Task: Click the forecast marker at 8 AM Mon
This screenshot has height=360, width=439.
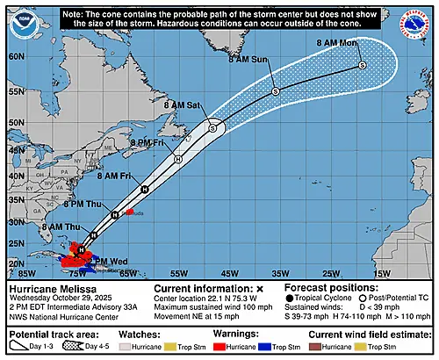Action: [362, 66]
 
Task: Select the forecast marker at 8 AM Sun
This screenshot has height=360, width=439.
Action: [275, 91]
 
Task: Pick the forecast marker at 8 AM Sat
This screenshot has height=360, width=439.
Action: [212, 127]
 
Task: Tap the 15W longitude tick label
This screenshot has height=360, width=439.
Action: [381, 274]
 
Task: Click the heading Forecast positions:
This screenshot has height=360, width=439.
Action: [334, 287]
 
